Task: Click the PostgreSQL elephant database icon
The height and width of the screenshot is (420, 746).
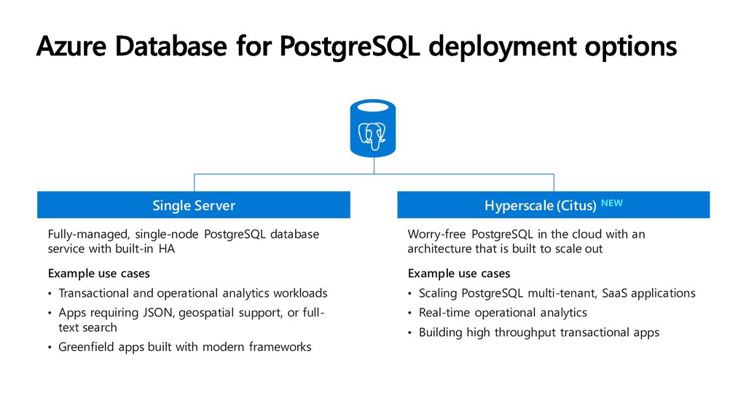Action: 373,128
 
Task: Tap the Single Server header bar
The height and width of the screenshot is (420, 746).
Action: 194,205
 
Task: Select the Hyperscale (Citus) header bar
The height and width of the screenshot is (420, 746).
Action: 554,205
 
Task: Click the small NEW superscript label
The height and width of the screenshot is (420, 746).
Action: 612,203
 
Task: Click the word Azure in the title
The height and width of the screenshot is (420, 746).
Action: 71,46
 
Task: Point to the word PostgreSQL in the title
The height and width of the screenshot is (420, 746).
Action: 350,47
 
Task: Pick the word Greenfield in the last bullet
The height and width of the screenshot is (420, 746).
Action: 87,346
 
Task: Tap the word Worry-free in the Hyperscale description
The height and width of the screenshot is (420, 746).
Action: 437,234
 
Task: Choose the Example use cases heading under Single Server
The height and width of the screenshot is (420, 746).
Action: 99,273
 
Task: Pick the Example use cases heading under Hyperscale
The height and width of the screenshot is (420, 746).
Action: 459,273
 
